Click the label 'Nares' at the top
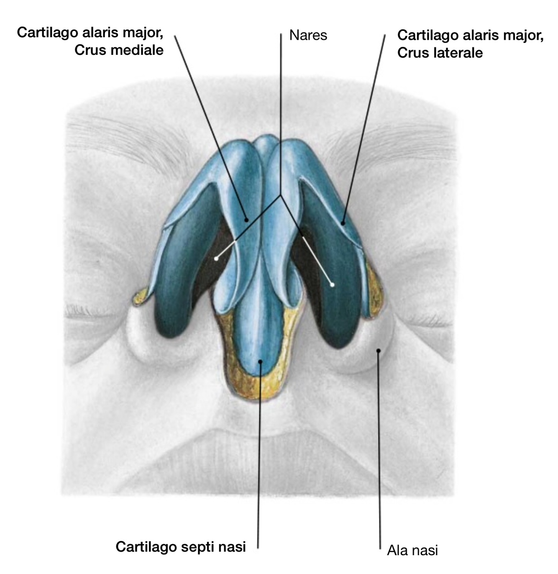click(308, 36)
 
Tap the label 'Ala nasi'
click(412, 550)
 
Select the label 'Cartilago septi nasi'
click(181, 546)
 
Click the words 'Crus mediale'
click(119, 50)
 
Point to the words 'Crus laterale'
click(440, 53)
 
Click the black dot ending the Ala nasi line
click(378, 351)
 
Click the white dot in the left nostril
click(216, 259)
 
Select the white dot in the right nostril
click(333, 285)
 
